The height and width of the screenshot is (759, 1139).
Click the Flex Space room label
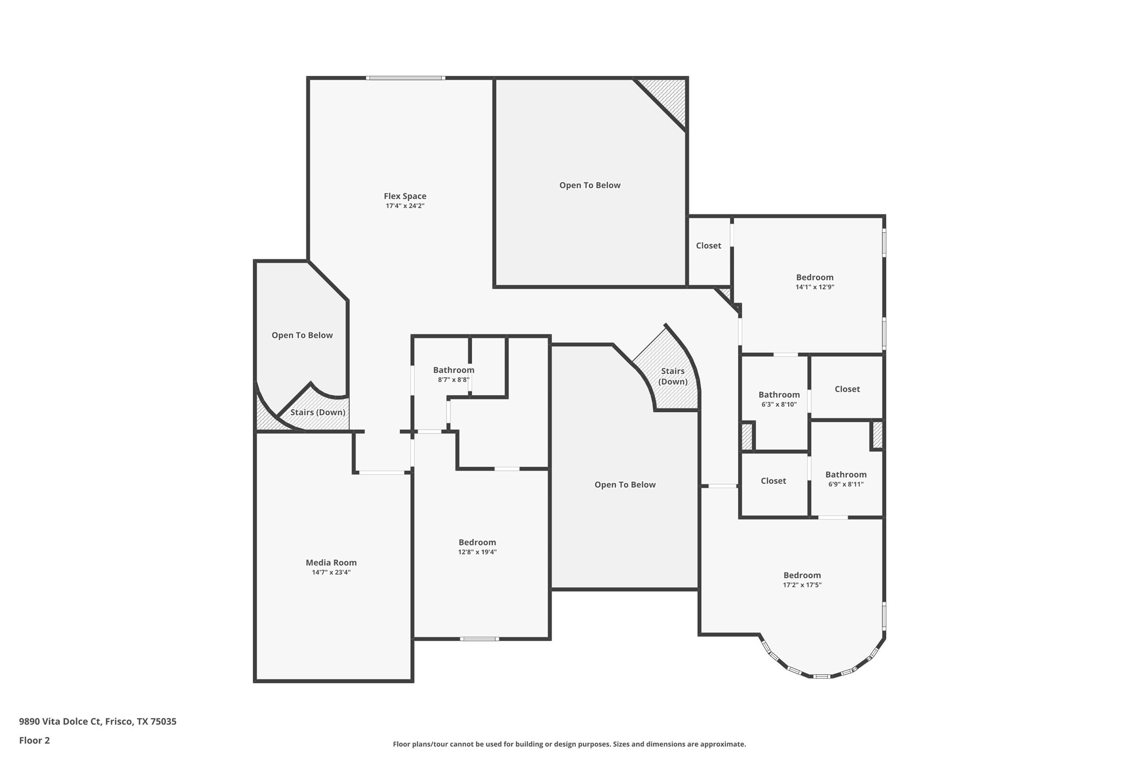click(x=405, y=196)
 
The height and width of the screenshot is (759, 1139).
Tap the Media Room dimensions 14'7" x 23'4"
click(x=331, y=572)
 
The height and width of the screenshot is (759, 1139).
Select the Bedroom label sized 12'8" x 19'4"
click(x=477, y=543)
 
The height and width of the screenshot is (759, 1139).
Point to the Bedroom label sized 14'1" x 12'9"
click(x=814, y=277)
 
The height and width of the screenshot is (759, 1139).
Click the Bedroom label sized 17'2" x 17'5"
click(x=802, y=575)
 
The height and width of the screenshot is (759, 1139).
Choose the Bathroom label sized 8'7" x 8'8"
click(x=453, y=370)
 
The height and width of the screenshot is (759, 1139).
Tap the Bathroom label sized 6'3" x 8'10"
click(x=779, y=395)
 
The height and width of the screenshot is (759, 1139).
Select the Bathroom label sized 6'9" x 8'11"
click(x=845, y=474)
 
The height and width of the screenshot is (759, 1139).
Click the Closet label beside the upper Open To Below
click(x=708, y=245)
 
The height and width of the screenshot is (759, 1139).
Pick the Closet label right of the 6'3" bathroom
click(x=847, y=389)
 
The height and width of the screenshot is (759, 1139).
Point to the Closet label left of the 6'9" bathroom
click(x=773, y=481)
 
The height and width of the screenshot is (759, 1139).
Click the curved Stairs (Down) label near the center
click(x=673, y=376)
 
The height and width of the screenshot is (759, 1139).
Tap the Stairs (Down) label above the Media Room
click(x=318, y=412)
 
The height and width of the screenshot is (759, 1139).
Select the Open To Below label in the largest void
click(x=589, y=185)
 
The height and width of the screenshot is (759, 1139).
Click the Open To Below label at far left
click(x=302, y=335)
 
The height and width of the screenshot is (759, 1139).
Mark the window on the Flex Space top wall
click(x=405, y=78)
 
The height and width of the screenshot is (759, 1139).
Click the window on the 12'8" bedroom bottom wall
click(x=479, y=638)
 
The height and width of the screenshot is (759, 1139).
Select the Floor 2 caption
click(x=35, y=741)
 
